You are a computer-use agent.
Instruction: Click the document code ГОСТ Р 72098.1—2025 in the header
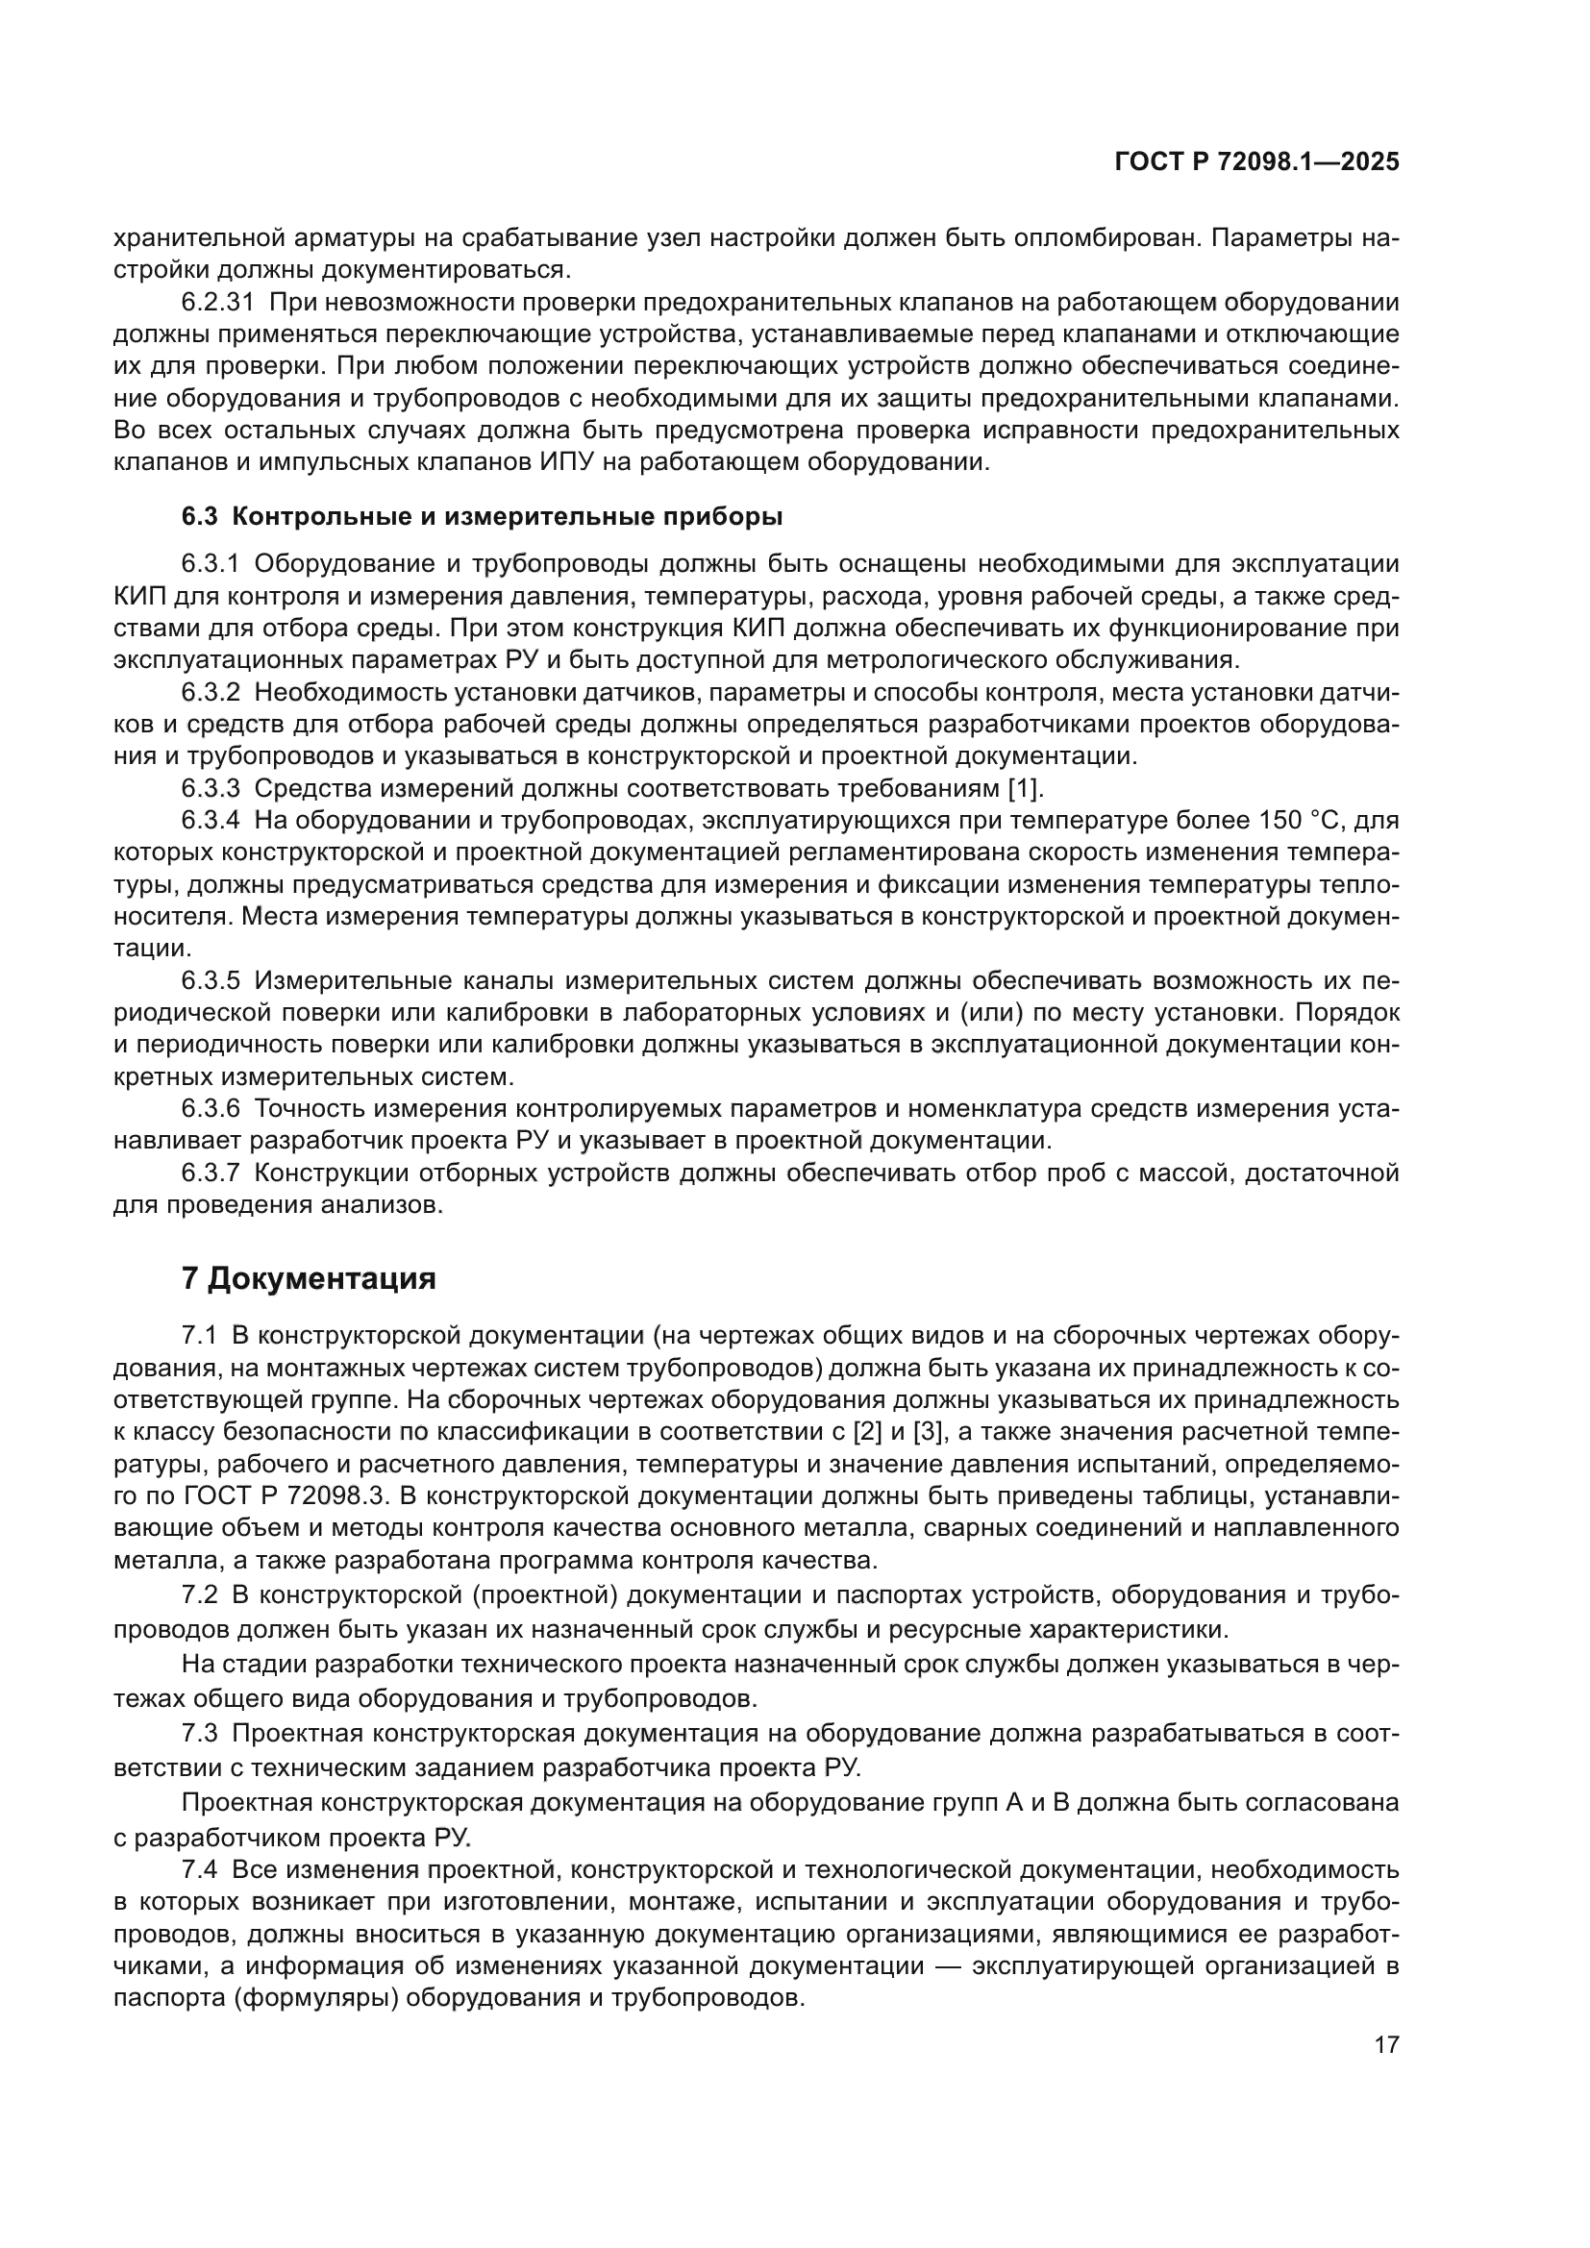coord(1256,162)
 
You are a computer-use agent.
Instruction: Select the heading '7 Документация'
coord(309,1278)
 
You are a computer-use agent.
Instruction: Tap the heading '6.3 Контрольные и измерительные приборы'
coord(482,516)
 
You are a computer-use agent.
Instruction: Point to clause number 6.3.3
coord(211,788)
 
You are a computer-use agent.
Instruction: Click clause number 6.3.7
coord(211,1173)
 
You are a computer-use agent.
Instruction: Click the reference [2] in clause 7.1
coord(868,1432)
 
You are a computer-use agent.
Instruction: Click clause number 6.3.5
coord(211,981)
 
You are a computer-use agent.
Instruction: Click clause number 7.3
coord(199,1734)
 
